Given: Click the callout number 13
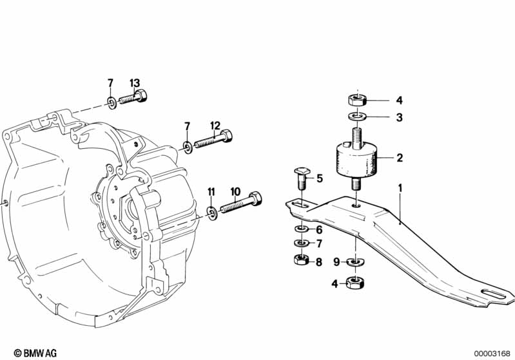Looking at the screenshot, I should [x=134, y=83].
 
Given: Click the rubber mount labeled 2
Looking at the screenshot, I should [x=355, y=160].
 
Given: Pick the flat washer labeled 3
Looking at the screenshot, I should [x=355, y=117].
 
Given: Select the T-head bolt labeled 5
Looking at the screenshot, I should [x=302, y=178].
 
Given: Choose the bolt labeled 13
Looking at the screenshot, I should [x=133, y=99].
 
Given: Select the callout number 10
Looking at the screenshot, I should [x=235, y=191].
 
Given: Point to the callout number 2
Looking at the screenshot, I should [x=399, y=157].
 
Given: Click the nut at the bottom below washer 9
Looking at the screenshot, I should [x=355, y=282].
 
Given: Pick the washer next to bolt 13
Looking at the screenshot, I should [x=112, y=101].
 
